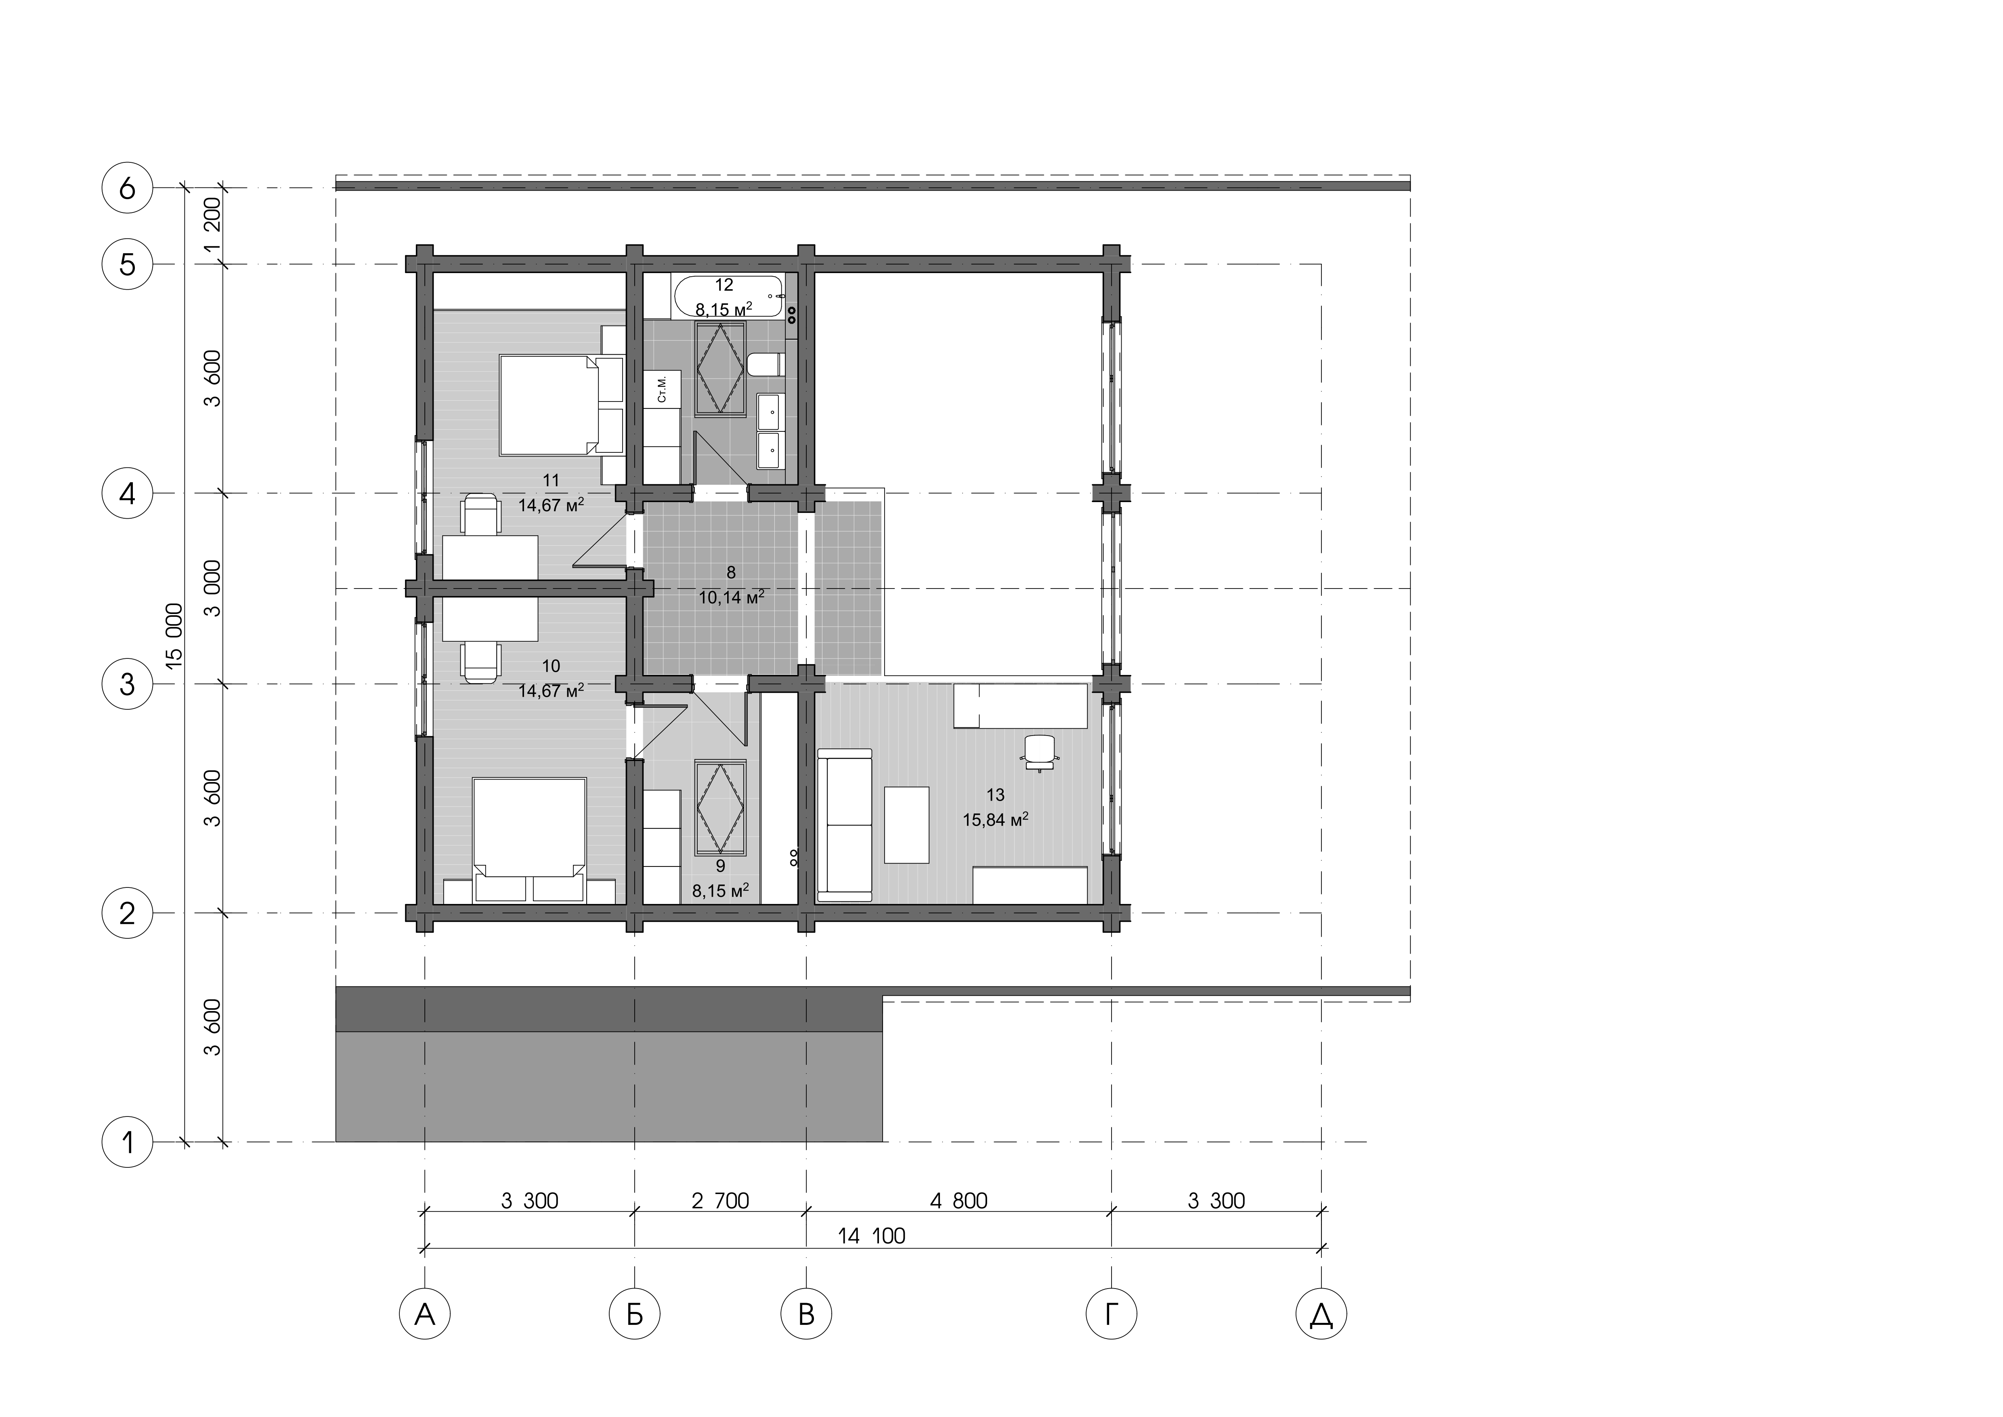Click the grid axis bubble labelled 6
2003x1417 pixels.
tap(127, 187)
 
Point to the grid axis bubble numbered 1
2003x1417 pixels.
tap(127, 1141)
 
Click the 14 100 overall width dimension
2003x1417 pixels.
tap(872, 1236)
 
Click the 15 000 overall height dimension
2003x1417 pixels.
tap(174, 636)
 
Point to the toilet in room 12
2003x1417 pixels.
tap(765, 364)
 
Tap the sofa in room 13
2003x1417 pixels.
tap(845, 824)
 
